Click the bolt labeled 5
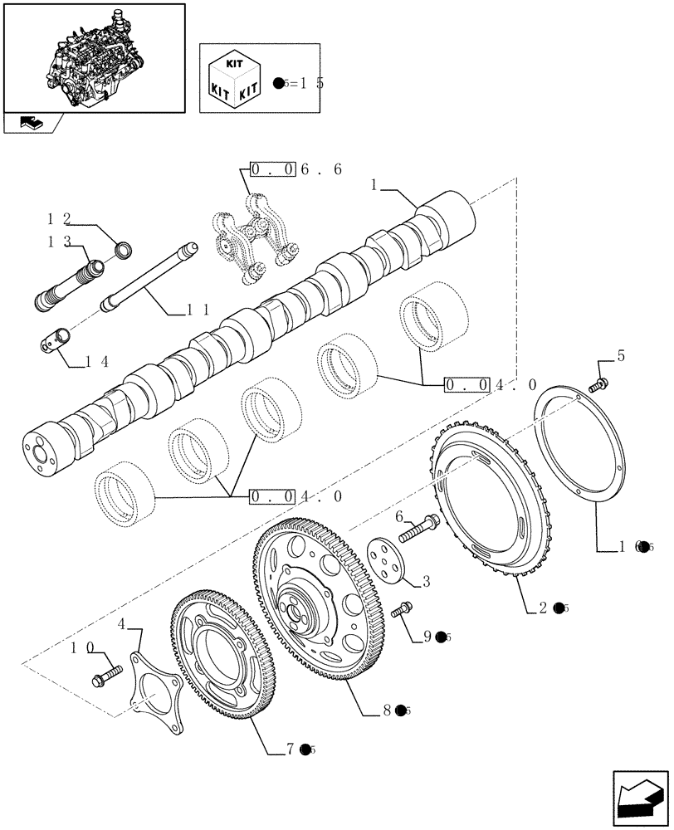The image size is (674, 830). point(598,383)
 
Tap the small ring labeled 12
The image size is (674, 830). point(122,248)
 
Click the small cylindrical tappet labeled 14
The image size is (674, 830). point(56,340)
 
